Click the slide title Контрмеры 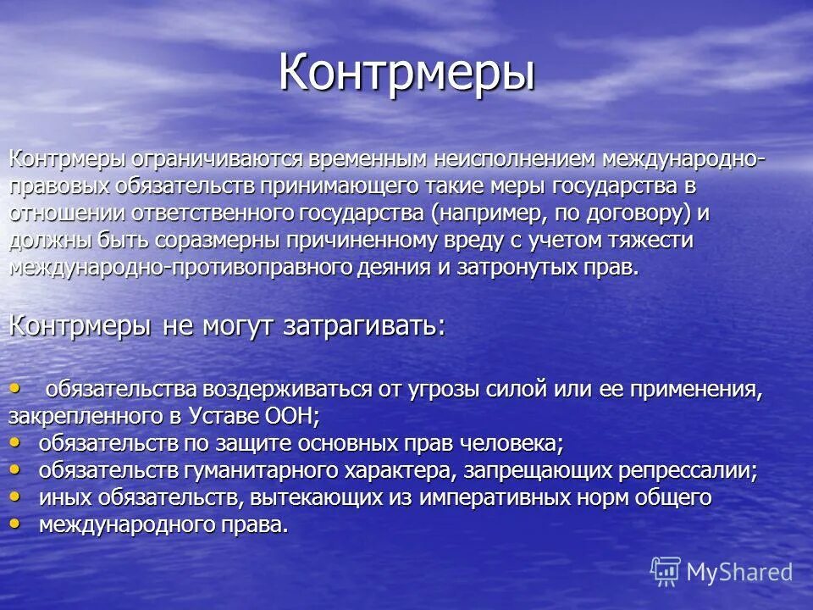(406, 73)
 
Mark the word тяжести (651, 240)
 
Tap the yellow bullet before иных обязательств (18, 495)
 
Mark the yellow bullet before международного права (18, 522)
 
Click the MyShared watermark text (739, 572)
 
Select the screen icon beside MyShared (666, 572)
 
